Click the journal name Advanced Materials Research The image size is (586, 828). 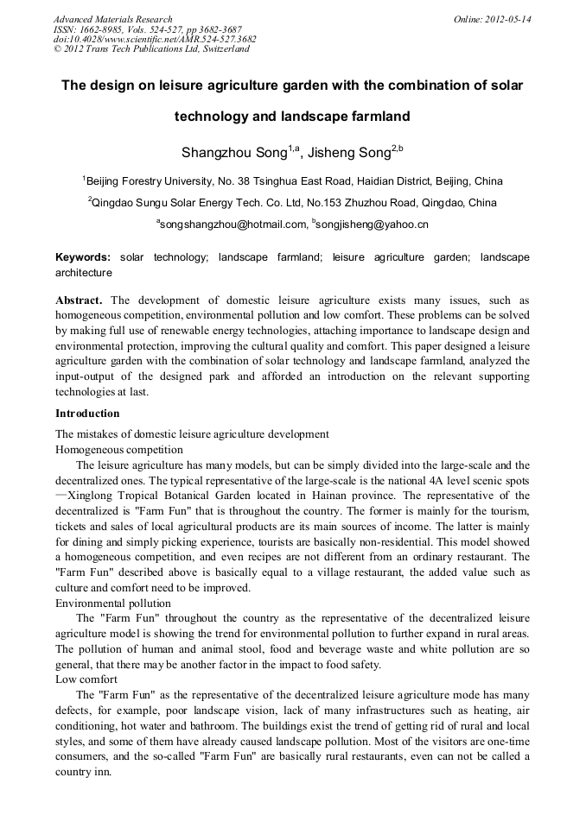pos(112,19)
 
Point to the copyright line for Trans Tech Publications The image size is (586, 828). pos(151,49)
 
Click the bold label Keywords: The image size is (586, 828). pos(83,257)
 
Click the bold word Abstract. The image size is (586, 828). pos(79,300)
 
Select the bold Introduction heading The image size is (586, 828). pos(87,414)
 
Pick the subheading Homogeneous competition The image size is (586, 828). pos(119,450)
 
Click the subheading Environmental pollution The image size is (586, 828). pos(113,603)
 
